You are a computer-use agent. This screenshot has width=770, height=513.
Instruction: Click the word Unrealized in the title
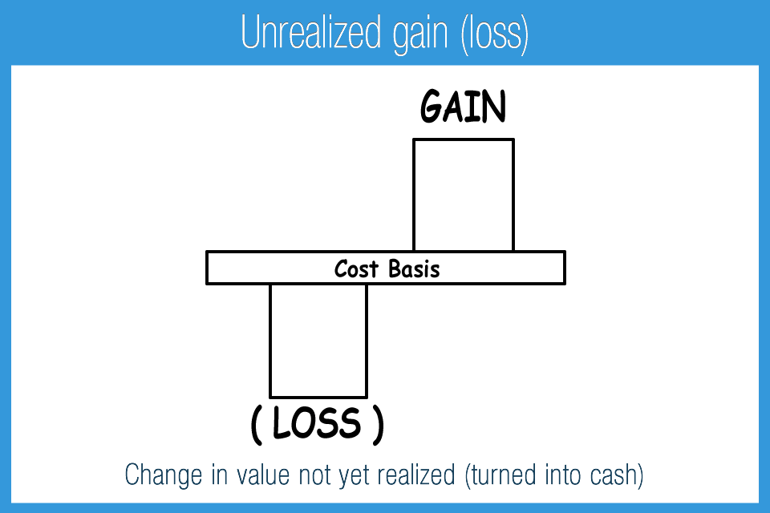pos(310,32)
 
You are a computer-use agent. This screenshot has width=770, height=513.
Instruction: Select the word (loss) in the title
pos(495,34)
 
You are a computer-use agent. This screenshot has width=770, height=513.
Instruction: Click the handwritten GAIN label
pos(463,106)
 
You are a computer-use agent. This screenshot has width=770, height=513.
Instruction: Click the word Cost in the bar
pos(356,269)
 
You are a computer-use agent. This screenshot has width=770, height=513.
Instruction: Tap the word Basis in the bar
pos(414,269)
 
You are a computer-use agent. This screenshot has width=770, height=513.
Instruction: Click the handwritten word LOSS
pos(318,422)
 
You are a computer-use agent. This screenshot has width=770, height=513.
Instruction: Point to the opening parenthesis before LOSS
pos(257,425)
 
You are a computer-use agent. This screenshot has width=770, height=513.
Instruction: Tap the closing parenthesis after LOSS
pos(378,425)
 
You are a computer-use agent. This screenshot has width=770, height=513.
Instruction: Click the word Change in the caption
pos(164,476)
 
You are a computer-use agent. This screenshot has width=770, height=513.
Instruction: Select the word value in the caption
pos(263,475)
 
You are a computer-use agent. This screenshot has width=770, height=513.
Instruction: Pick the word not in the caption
pos(314,475)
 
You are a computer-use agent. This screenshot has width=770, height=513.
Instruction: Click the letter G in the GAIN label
pos(432,106)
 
